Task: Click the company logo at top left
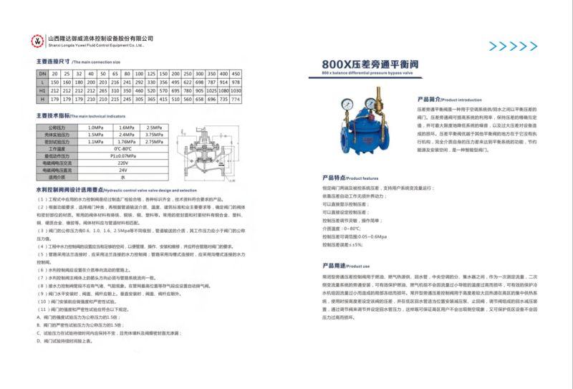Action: (37, 40)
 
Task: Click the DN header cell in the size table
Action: (42, 74)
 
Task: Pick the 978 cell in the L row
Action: (236, 83)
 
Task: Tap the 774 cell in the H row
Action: (236, 100)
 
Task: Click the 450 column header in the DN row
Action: (236, 74)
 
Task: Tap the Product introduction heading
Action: (443, 100)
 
